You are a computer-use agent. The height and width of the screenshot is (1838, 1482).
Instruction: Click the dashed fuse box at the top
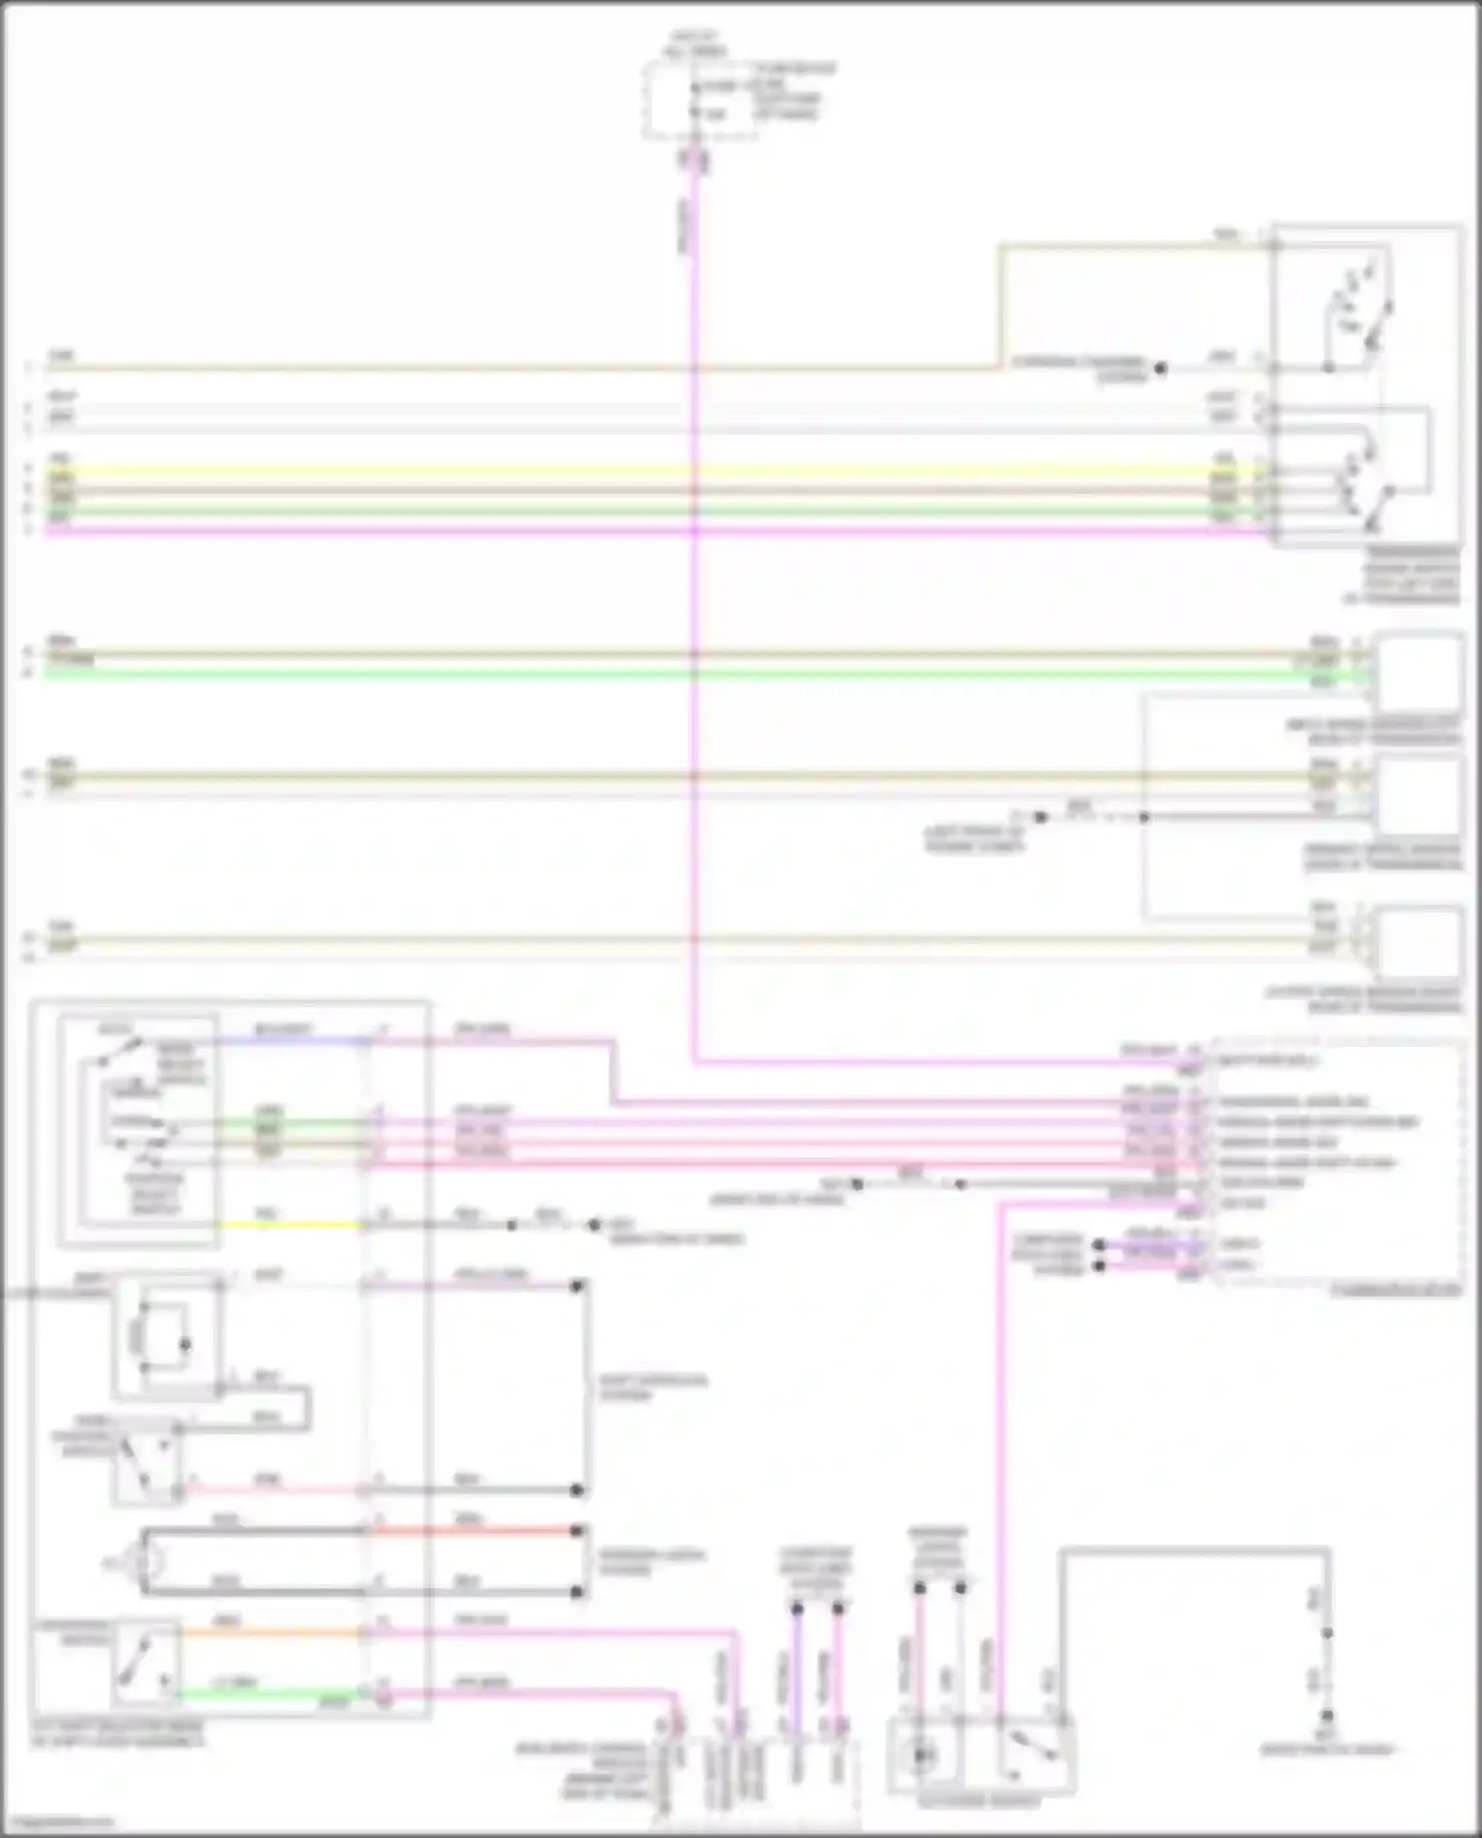[700, 99]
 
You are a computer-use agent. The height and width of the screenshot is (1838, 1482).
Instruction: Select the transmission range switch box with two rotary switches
[1367, 385]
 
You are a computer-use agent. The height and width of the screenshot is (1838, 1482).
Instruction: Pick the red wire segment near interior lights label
[474, 1530]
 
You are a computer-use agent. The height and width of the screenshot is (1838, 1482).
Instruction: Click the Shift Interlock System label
[653, 1388]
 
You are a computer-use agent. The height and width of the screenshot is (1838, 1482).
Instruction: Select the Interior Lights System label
[651, 1561]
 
